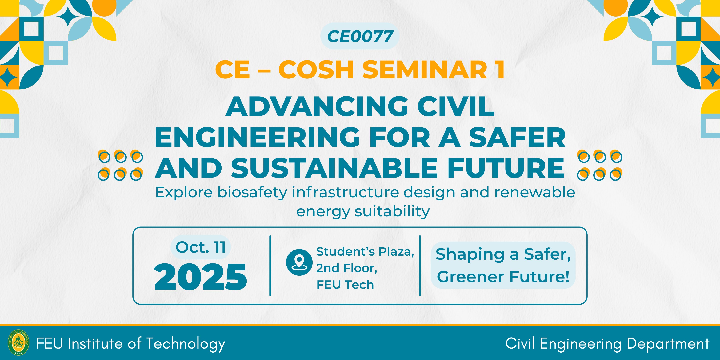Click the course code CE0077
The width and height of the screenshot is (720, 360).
pos(360,36)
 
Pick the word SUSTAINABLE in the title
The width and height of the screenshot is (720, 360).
pos(334,168)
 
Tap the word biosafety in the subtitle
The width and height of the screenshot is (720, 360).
pos(252,193)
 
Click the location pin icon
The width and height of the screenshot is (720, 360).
pos(299,262)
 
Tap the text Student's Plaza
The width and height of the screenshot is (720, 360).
pos(365,252)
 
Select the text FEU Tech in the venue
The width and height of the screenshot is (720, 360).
pos(345,285)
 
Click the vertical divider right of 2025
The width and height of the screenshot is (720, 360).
pos(270,266)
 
